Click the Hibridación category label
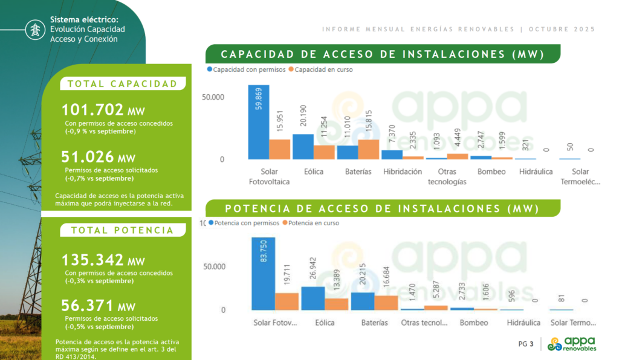[403, 172]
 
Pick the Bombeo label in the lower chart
[474, 323]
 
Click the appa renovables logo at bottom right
[571, 344]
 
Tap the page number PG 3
[526, 344]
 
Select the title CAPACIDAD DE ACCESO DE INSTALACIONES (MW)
[382, 54]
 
